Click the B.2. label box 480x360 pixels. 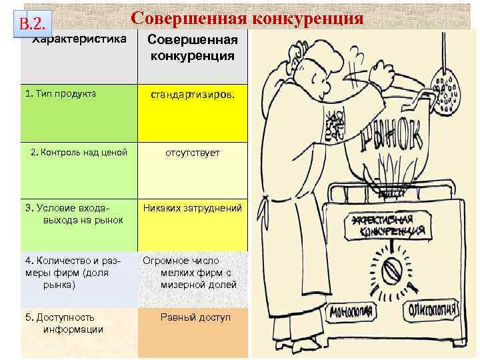[x=33, y=25]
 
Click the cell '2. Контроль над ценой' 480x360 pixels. [x=79, y=153]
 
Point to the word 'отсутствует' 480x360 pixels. [x=192, y=153]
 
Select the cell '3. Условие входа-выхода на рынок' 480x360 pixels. [x=73, y=214]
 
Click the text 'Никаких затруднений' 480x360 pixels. [x=192, y=208]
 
